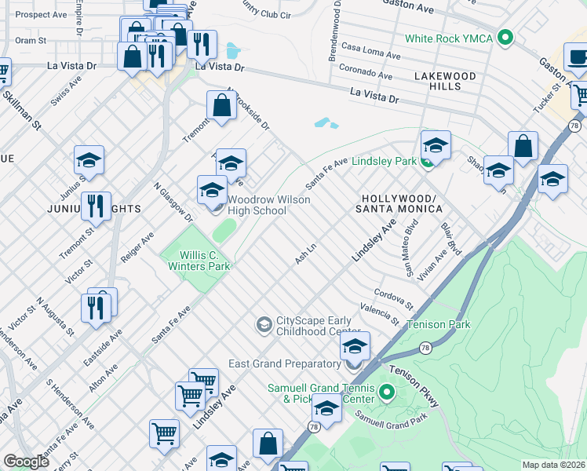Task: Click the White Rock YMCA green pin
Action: tap(506, 37)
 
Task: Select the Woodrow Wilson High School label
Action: tap(268, 205)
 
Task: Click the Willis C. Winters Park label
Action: tap(199, 261)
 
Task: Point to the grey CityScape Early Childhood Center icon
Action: tap(264, 323)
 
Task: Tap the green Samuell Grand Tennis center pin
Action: tap(385, 392)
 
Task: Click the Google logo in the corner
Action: tap(26, 462)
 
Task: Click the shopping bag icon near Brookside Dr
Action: tap(222, 104)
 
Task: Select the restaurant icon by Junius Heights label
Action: tap(96, 206)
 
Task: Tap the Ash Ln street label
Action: tap(305, 253)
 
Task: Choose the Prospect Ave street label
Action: tap(41, 14)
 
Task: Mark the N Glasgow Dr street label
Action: tap(173, 203)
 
